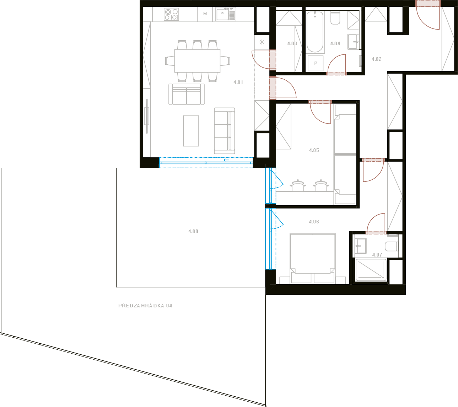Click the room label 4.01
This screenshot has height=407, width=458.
click(x=238, y=83)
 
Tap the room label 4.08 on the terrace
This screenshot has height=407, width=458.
click(x=193, y=231)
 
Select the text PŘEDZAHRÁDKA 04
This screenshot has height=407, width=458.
click(x=145, y=306)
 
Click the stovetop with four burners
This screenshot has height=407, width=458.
click(x=171, y=14)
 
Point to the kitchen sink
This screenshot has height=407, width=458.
click(x=226, y=14)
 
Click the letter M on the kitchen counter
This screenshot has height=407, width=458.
click(x=205, y=14)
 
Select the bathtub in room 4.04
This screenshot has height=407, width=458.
click(x=315, y=32)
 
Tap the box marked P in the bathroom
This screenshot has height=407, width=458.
click(x=316, y=63)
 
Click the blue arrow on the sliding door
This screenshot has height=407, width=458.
click(x=226, y=160)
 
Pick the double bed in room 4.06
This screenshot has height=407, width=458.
click(x=313, y=259)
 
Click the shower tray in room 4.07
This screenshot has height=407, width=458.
click(x=371, y=270)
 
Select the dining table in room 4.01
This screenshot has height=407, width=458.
click(x=197, y=61)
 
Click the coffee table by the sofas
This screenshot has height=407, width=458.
click(x=191, y=131)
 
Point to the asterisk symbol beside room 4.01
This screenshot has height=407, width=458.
click(x=262, y=42)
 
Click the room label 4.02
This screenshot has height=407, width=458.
click(x=376, y=59)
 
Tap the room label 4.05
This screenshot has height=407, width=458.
click(x=314, y=150)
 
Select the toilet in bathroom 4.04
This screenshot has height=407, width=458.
click(x=335, y=18)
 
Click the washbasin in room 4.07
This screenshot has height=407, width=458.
click(x=361, y=246)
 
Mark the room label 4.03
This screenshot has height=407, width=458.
click(x=292, y=43)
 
